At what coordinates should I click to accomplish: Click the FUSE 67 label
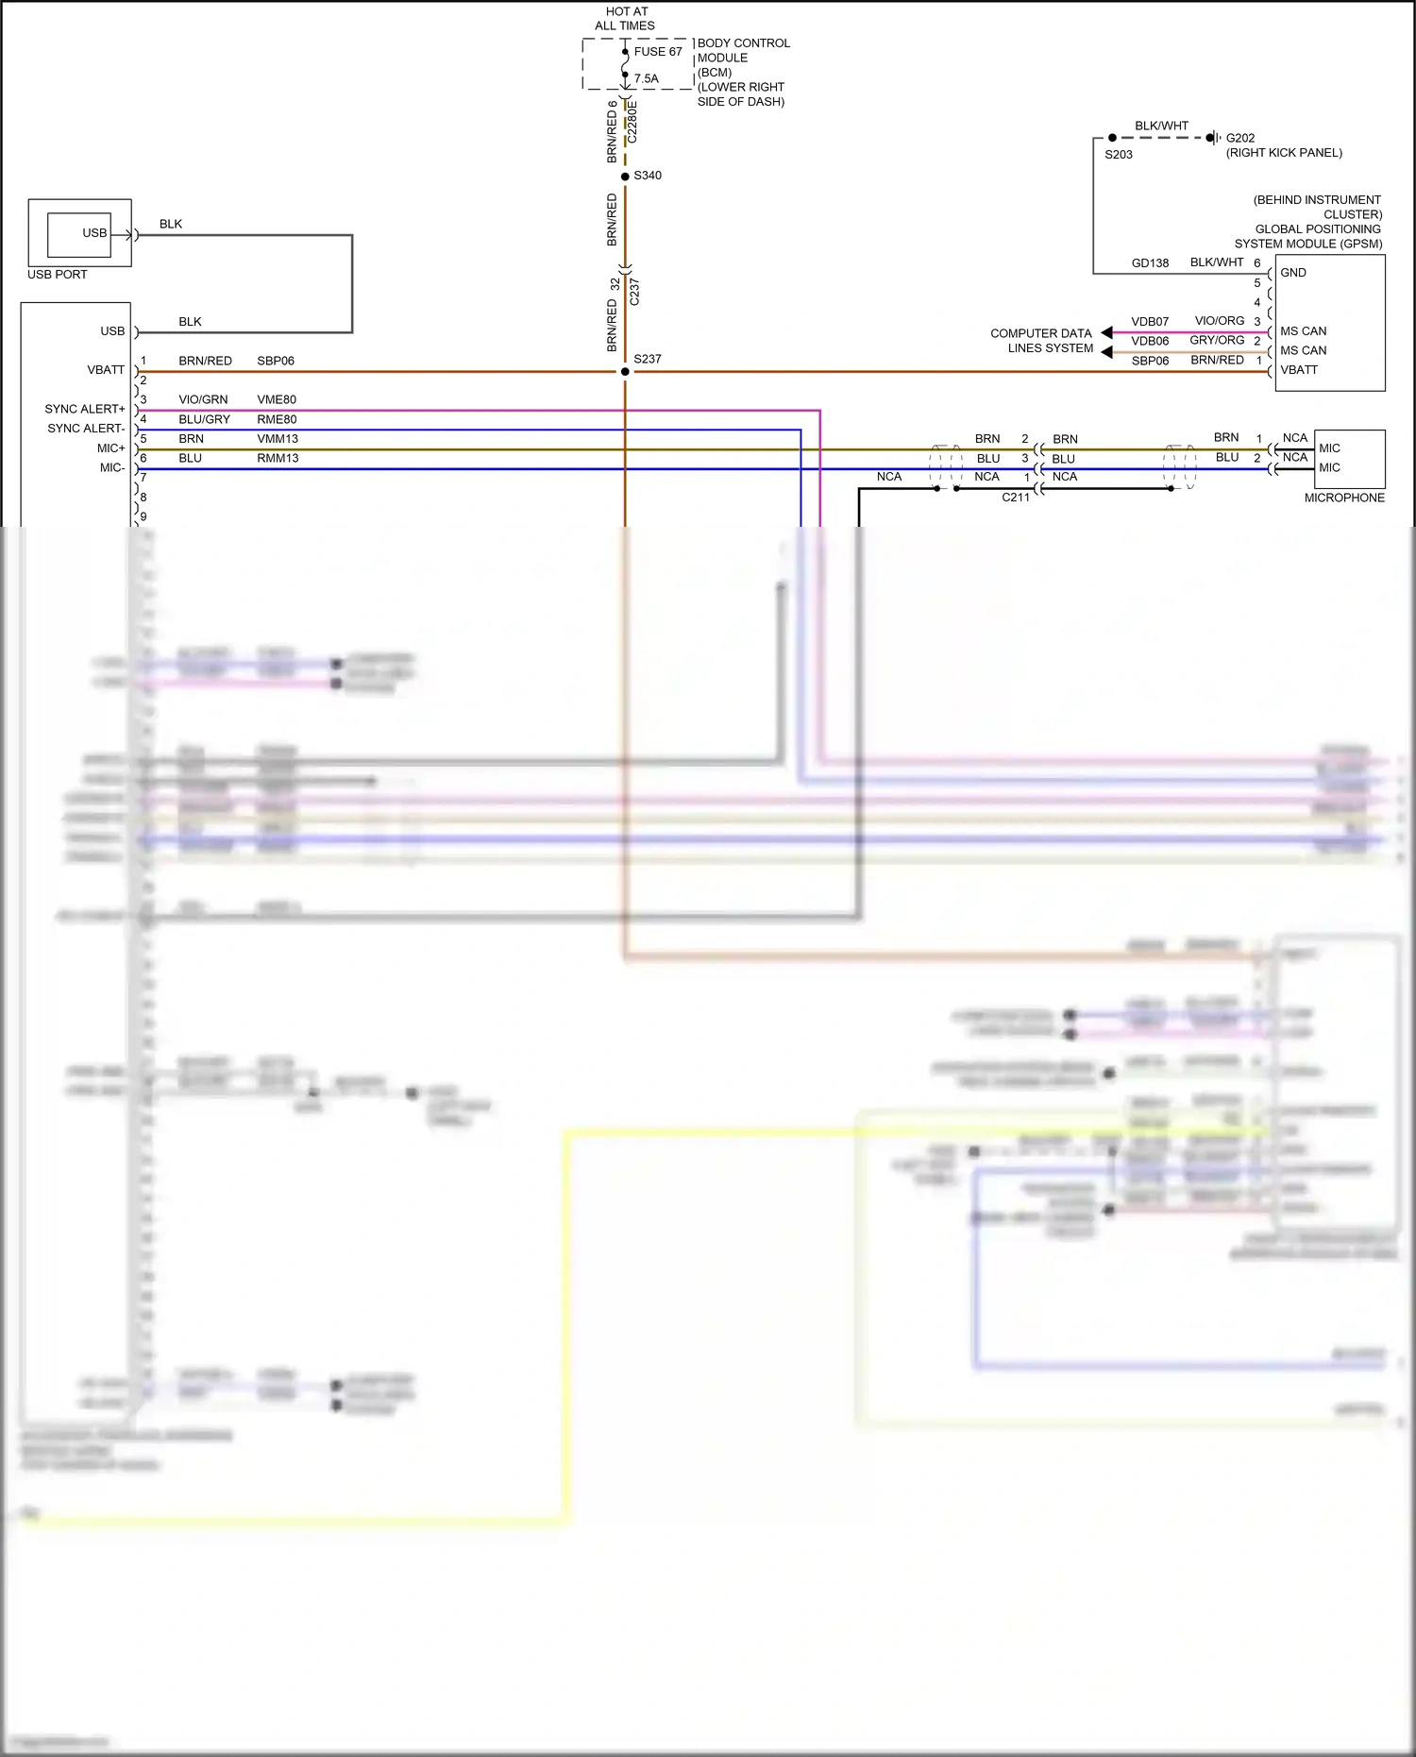(x=657, y=52)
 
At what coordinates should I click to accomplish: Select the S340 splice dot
(x=625, y=177)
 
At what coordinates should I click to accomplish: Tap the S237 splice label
(x=648, y=359)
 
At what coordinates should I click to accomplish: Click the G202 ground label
(x=1239, y=138)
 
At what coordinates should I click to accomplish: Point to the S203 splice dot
(x=1112, y=138)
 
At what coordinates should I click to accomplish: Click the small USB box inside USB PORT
(x=79, y=234)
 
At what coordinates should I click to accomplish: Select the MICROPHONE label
(x=1343, y=498)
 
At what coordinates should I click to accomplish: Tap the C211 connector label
(x=1016, y=498)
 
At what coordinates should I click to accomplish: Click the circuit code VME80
(x=277, y=399)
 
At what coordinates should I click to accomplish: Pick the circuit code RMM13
(x=278, y=458)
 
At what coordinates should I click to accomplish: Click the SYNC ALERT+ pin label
(x=85, y=409)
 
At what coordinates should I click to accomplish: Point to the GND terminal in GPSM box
(x=1292, y=273)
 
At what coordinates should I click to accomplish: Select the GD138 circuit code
(x=1150, y=263)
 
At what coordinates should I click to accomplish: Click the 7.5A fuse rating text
(x=646, y=78)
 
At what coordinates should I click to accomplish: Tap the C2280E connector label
(x=632, y=123)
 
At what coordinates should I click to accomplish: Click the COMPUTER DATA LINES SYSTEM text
(x=1041, y=341)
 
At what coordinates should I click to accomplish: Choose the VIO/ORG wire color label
(x=1219, y=321)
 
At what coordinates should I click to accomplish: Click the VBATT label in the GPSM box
(x=1298, y=370)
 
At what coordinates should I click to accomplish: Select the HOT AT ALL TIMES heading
(x=626, y=19)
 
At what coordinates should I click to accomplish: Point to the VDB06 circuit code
(x=1150, y=341)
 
